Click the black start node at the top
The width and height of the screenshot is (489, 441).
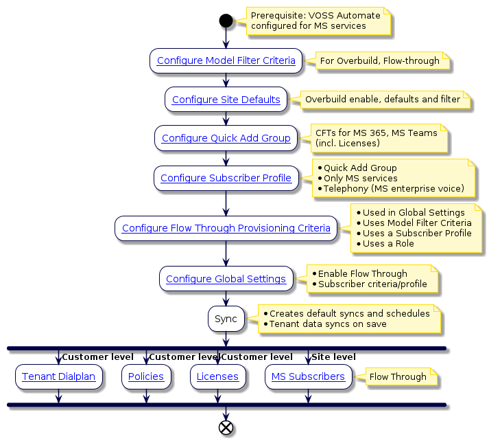226,21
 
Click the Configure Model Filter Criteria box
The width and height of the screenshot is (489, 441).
226,60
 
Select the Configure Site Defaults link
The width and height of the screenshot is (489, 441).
226,100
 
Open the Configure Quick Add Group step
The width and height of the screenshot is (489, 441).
226,138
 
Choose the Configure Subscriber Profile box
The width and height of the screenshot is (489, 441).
226,178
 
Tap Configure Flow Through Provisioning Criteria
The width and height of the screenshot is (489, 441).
226,228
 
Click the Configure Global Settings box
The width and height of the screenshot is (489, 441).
226,279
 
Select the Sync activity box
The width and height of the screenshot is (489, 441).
226,319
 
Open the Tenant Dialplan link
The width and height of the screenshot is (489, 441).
59,376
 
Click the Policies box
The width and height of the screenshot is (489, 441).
145,376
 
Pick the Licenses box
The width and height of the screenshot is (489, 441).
217,376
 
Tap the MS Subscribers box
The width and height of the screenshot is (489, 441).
308,376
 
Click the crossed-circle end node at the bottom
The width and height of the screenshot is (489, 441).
226,427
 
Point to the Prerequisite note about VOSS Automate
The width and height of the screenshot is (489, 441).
313,21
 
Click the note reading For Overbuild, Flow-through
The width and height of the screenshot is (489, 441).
379,60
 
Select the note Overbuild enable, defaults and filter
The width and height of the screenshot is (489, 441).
382,100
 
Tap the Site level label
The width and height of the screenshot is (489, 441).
333,357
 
